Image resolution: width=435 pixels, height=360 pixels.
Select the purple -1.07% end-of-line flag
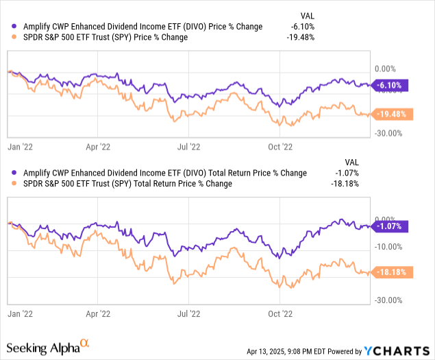click(390, 226)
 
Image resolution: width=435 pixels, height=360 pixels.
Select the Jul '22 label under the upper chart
click(190, 146)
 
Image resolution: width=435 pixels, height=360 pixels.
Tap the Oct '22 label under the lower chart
click(279, 313)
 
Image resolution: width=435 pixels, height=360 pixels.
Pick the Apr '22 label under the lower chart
click(99, 313)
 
